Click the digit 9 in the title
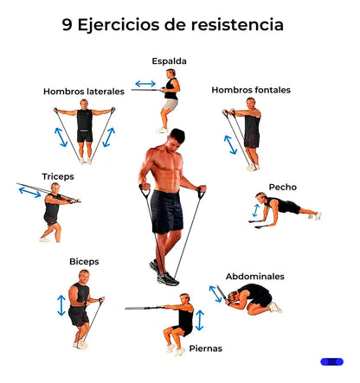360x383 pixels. pyautogui.click(x=67, y=24)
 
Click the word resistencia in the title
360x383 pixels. pyautogui.click(x=237, y=24)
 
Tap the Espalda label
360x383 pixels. pyautogui.click(x=169, y=61)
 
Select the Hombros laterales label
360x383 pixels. pyautogui.click(x=84, y=92)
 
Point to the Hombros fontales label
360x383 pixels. pyautogui.click(x=251, y=90)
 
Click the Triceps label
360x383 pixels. pyautogui.click(x=58, y=176)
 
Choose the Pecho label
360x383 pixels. pyautogui.click(x=283, y=187)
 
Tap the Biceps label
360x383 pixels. pyautogui.click(x=84, y=262)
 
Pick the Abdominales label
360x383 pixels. pyautogui.click(x=255, y=277)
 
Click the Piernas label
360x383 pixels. pyautogui.click(x=206, y=348)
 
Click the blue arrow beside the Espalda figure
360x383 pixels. pyautogui.click(x=145, y=84)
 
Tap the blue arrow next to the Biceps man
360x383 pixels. pyautogui.click(x=61, y=305)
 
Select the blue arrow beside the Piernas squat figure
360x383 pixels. pyautogui.click(x=200, y=320)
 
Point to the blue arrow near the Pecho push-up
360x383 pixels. pyautogui.click(x=255, y=210)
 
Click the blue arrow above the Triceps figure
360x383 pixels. pyautogui.click(x=30, y=192)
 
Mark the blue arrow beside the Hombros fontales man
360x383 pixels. pyautogui.click(x=230, y=144)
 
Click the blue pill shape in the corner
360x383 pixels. pyautogui.click(x=332, y=361)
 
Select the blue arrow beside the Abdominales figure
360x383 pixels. pyautogui.click(x=215, y=294)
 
